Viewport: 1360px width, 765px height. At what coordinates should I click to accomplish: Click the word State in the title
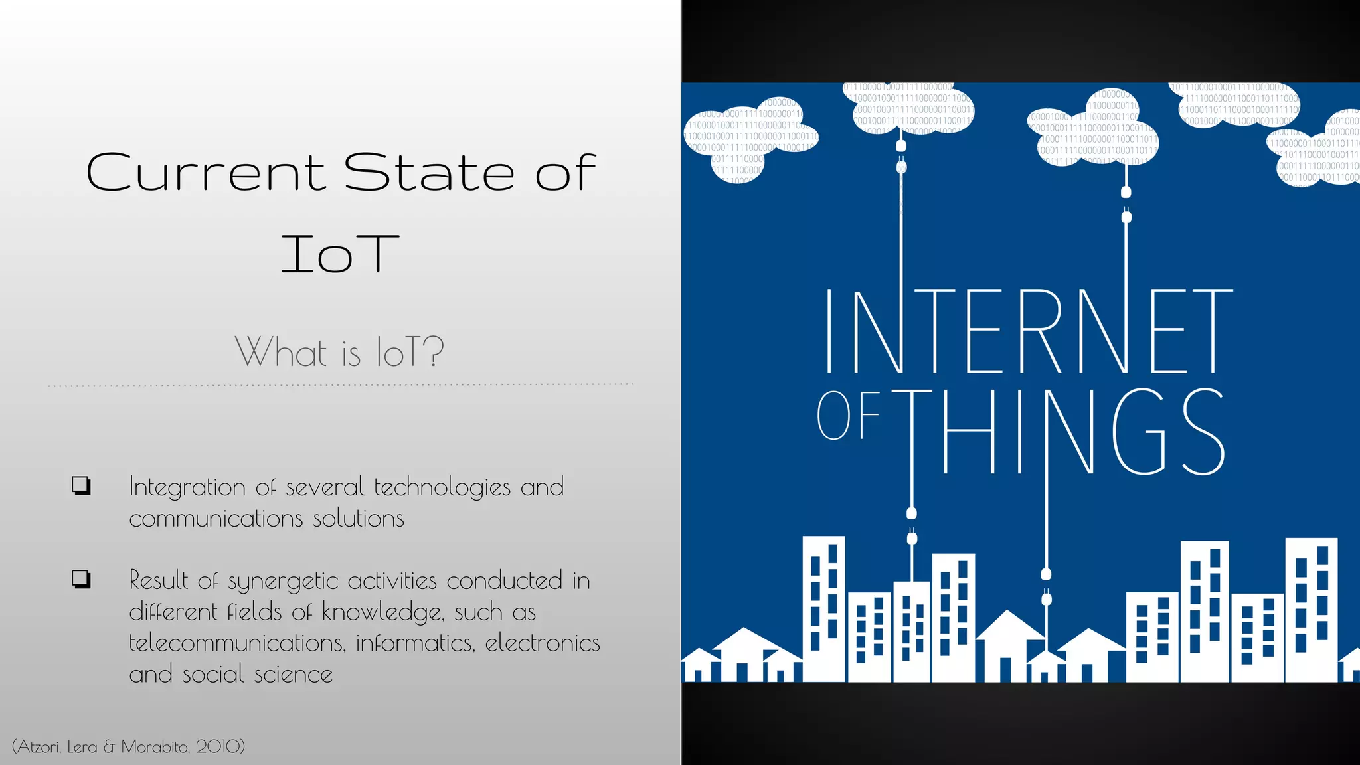click(x=429, y=173)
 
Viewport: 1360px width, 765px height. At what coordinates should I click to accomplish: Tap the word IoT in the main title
click(x=339, y=254)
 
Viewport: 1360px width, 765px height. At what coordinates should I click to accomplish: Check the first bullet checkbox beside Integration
click(x=81, y=485)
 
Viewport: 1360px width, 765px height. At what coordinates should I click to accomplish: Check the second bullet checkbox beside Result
click(x=81, y=579)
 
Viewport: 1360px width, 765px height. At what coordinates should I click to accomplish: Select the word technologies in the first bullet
click(x=442, y=488)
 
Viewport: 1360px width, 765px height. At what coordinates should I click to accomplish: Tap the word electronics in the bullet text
click(x=542, y=643)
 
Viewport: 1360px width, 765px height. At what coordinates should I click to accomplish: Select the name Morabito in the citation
click(x=155, y=746)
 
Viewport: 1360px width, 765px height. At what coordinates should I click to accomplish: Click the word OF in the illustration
click(x=847, y=416)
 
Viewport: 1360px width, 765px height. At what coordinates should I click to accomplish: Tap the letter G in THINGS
click(x=1138, y=432)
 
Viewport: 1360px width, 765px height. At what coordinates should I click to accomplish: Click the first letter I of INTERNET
click(x=828, y=331)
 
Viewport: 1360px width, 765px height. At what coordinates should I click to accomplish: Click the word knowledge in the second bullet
click(x=382, y=612)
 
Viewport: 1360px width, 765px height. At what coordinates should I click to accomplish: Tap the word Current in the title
click(x=205, y=173)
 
